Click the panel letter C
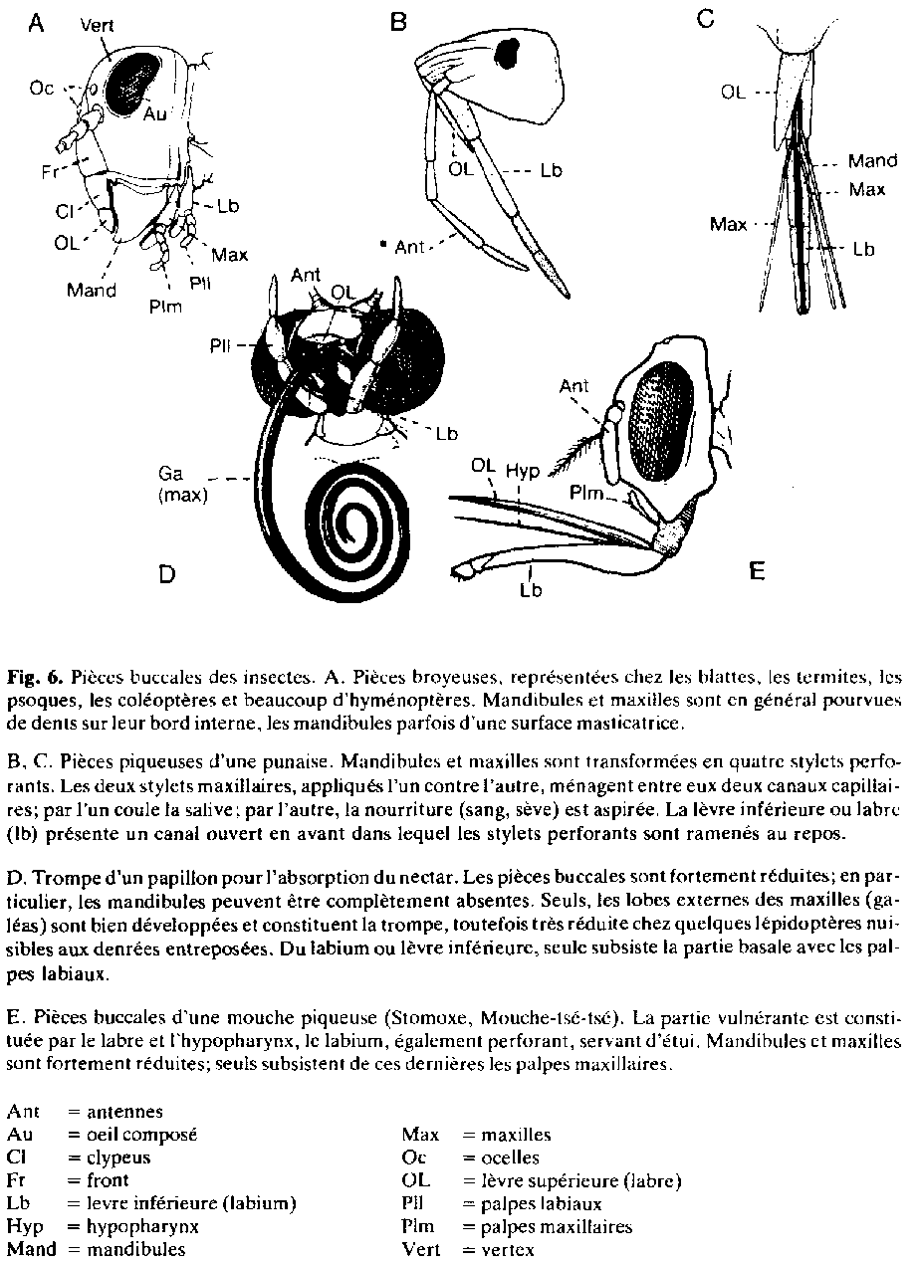point(705,19)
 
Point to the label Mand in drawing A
point(92,291)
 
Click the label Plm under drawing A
point(165,307)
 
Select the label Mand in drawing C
point(872,160)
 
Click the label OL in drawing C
point(734,93)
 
